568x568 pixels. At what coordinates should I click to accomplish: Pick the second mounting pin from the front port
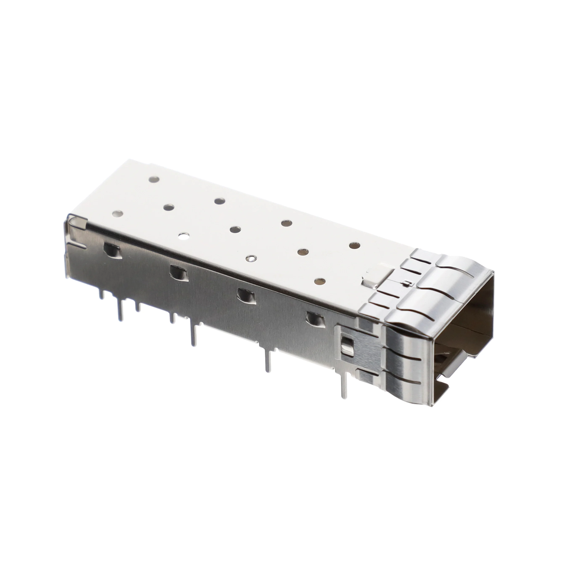tap(268, 360)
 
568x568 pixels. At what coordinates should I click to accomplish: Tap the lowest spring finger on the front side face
tap(409, 388)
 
